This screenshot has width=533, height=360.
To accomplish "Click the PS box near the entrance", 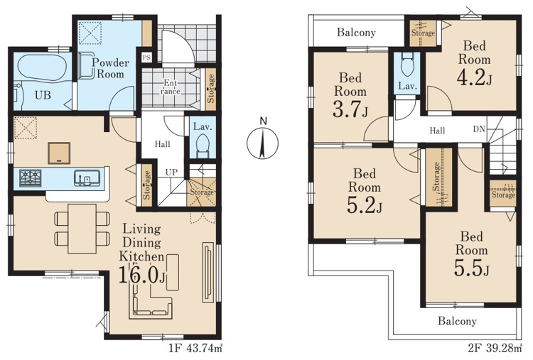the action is [x=146, y=58].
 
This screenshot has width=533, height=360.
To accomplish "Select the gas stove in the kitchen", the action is [x=31, y=178].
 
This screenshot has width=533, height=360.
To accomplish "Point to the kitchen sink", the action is [x=87, y=178].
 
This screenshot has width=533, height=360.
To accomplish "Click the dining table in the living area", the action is [x=82, y=229].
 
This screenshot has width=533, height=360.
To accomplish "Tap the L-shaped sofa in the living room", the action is [x=151, y=300].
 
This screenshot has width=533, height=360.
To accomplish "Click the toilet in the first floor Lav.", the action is [x=203, y=146].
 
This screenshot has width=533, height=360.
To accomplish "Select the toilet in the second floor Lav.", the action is [x=408, y=65].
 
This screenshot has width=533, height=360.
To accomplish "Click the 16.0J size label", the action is [x=141, y=275].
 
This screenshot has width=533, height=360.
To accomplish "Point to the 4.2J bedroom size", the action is [x=474, y=78].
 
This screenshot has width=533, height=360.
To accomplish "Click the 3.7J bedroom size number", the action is [x=350, y=110].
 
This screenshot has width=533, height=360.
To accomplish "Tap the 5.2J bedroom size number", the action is [x=365, y=205].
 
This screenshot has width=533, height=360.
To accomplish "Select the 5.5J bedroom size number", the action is [x=471, y=268].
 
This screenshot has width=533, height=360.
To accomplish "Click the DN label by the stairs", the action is [x=479, y=129].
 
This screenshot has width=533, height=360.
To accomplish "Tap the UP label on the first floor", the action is [x=171, y=172].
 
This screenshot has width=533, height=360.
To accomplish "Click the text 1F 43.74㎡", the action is [x=195, y=349].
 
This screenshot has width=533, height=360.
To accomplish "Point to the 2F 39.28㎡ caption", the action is [x=495, y=349].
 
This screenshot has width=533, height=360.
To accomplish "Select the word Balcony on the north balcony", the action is [x=356, y=33].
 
